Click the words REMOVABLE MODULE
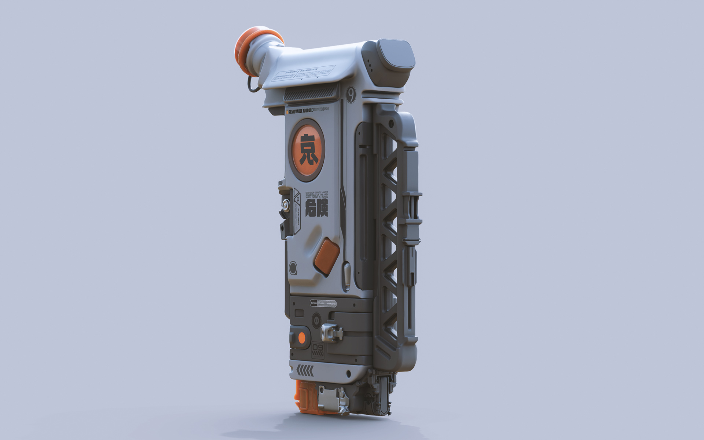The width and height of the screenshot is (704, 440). click(301, 111)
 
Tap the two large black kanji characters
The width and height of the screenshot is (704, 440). click(316, 208)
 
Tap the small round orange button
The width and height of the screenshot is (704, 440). click(302, 337)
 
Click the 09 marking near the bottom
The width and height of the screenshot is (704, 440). click(318, 347)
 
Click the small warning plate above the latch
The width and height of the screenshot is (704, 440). click(323, 303)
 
